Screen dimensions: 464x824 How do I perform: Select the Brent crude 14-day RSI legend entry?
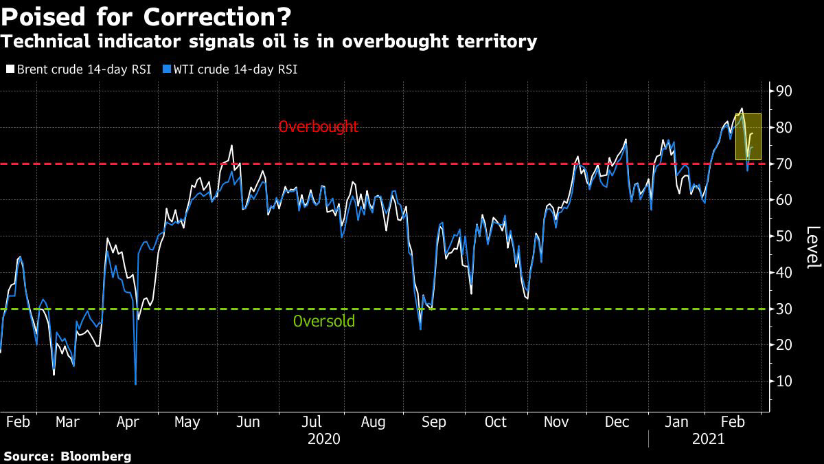[78, 69]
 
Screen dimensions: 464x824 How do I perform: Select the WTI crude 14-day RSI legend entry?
[231, 69]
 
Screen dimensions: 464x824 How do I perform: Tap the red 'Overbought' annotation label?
[318, 126]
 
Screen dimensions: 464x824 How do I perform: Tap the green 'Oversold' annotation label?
[324, 321]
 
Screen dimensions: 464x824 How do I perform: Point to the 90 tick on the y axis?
[784, 91]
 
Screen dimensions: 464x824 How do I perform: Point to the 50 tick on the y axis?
[784, 236]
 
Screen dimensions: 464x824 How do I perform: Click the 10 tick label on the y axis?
[784, 382]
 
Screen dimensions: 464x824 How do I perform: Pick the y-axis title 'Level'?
[812, 247]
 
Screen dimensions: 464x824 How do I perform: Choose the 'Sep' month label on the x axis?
[434, 421]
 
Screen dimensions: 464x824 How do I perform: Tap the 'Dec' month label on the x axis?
[617, 421]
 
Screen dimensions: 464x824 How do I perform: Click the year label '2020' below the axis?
[324, 438]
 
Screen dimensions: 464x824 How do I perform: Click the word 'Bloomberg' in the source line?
[95, 456]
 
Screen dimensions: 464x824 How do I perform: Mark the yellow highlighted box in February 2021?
[748, 137]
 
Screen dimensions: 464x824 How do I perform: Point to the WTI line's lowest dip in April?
[135, 384]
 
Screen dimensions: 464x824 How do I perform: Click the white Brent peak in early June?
[231, 146]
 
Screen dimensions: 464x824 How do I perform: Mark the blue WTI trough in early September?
[420, 329]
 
